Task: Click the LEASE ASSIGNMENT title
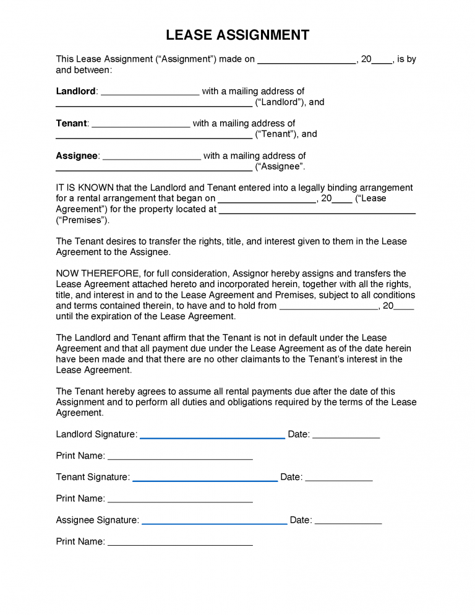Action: [x=237, y=35]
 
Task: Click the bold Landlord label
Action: [x=75, y=91]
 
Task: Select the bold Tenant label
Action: [x=71, y=123]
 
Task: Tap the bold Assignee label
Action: [x=77, y=155]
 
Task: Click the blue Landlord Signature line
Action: [x=212, y=437]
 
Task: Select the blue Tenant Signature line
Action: [x=205, y=480]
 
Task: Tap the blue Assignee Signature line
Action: [x=214, y=523]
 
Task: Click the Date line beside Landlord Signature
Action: [x=346, y=437]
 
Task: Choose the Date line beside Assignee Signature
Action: [x=348, y=523]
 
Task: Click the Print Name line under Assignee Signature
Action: [x=180, y=544]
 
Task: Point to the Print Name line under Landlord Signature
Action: [x=180, y=459]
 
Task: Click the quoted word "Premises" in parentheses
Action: [x=82, y=220]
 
